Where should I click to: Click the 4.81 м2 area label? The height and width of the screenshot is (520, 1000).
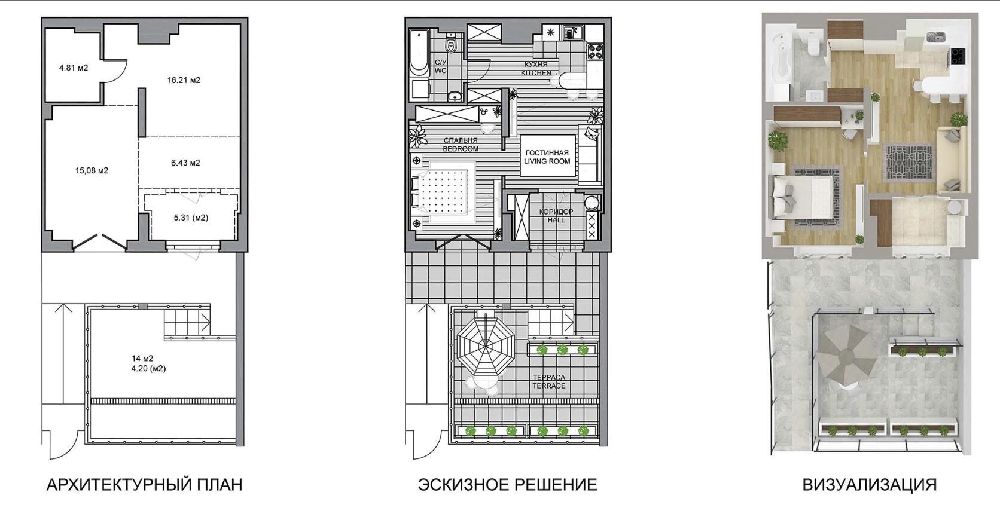(74, 68)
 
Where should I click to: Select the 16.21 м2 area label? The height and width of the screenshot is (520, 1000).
(184, 80)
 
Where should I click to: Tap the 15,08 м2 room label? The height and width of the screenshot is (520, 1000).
(92, 170)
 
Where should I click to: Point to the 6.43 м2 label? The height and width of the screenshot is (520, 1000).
(185, 163)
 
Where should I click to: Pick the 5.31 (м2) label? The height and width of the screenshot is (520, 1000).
(191, 218)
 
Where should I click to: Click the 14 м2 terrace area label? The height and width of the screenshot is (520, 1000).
(142, 358)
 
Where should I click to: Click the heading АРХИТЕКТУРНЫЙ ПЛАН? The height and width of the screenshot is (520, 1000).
(145, 485)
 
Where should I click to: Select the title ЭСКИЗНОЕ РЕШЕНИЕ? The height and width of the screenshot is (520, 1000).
(508, 485)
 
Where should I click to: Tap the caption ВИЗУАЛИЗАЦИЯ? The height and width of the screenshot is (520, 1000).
(870, 485)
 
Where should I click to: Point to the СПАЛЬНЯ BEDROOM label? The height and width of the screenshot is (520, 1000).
(461, 145)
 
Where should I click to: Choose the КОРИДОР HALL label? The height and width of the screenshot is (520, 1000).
(556, 216)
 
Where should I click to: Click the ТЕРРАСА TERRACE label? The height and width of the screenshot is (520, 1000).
(549, 381)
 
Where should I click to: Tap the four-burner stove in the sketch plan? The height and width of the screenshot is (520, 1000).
(595, 51)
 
